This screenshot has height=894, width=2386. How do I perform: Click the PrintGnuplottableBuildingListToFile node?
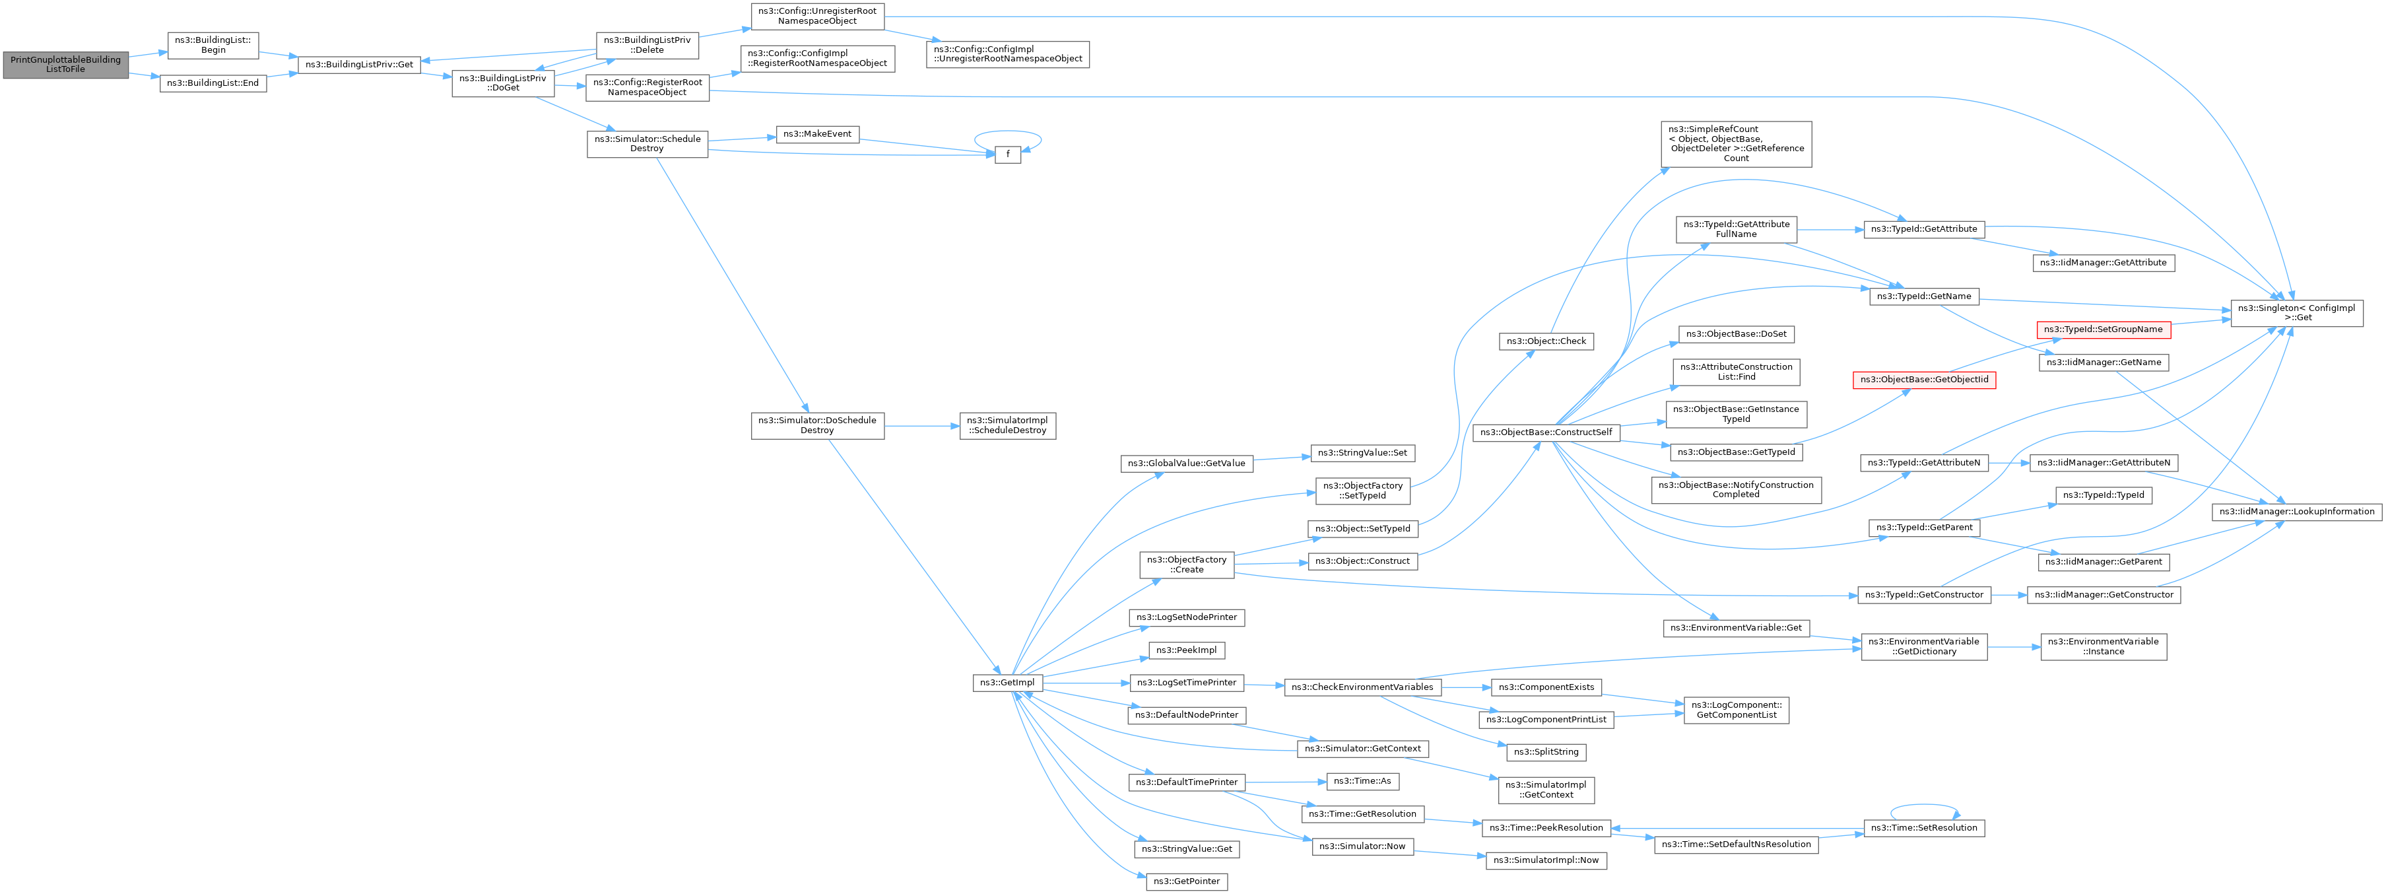[x=65, y=65]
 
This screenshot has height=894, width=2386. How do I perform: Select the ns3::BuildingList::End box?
[x=213, y=83]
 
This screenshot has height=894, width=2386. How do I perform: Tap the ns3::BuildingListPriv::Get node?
[x=359, y=65]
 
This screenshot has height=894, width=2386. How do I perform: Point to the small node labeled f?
[x=1007, y=155]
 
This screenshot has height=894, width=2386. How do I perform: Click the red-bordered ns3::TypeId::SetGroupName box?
[x=2104, y=330]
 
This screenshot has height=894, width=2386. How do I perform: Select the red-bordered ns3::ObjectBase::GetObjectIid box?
[x=1924, y=380]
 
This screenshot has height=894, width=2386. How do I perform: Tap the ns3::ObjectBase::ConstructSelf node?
[x=1546, y=432]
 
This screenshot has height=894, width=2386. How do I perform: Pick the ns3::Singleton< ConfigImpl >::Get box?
[x=2296, y=313]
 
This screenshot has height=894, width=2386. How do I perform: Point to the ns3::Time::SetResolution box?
[x=1924, y=828]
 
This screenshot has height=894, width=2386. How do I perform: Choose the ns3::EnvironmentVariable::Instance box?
[x=2104, y=646]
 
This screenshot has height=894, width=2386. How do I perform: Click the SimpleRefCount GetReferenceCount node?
[x=1736, y=143]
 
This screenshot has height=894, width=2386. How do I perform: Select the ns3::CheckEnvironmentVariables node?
[x=1362, y=687]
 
